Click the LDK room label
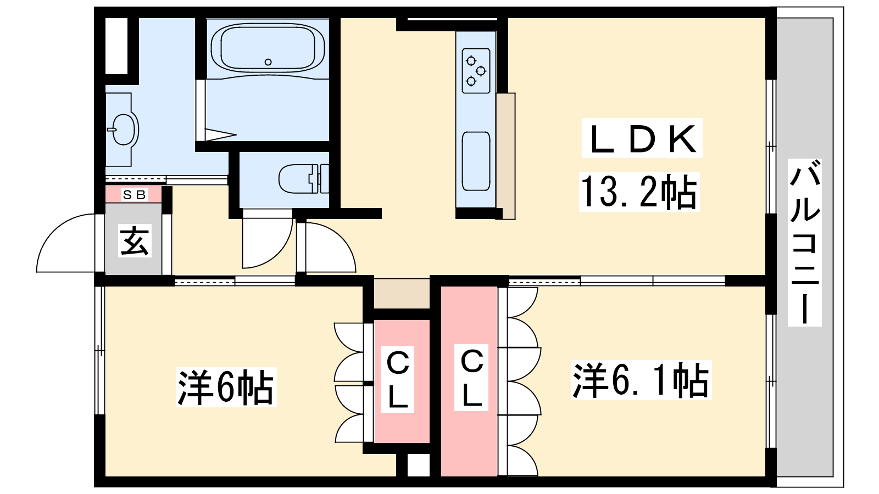pyautogui.click(x=642, y=139)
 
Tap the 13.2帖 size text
pyautogui.click(x=639, y=192)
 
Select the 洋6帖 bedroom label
pyautogui.click(x=226, y=387)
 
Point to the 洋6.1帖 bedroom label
pyautogui.click(x=641, y=380)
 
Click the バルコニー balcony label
pyautogui.click(x=804, y=242)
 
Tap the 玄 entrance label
pyautogui.click(x=135, y=241)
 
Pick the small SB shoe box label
pyautogui.click(x=134, y=194)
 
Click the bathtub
pyautogui.click(x=268, y=50)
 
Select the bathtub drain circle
pyautogui.click(x=268, y=62)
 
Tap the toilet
pyautogui.click(x=304, y=179)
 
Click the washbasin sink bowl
pyautogui.click(x=123, y=130)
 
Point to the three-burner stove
pyautogui.click(x=476, y=71)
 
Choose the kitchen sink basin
pyautogui.click(x=476, y=161)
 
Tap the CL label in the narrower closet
pyautogui.click(x=398, y=379)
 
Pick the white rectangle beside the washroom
pyautogui.click(x=116, y=46)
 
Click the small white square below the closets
pyautogui.click(x=419, y=465)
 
